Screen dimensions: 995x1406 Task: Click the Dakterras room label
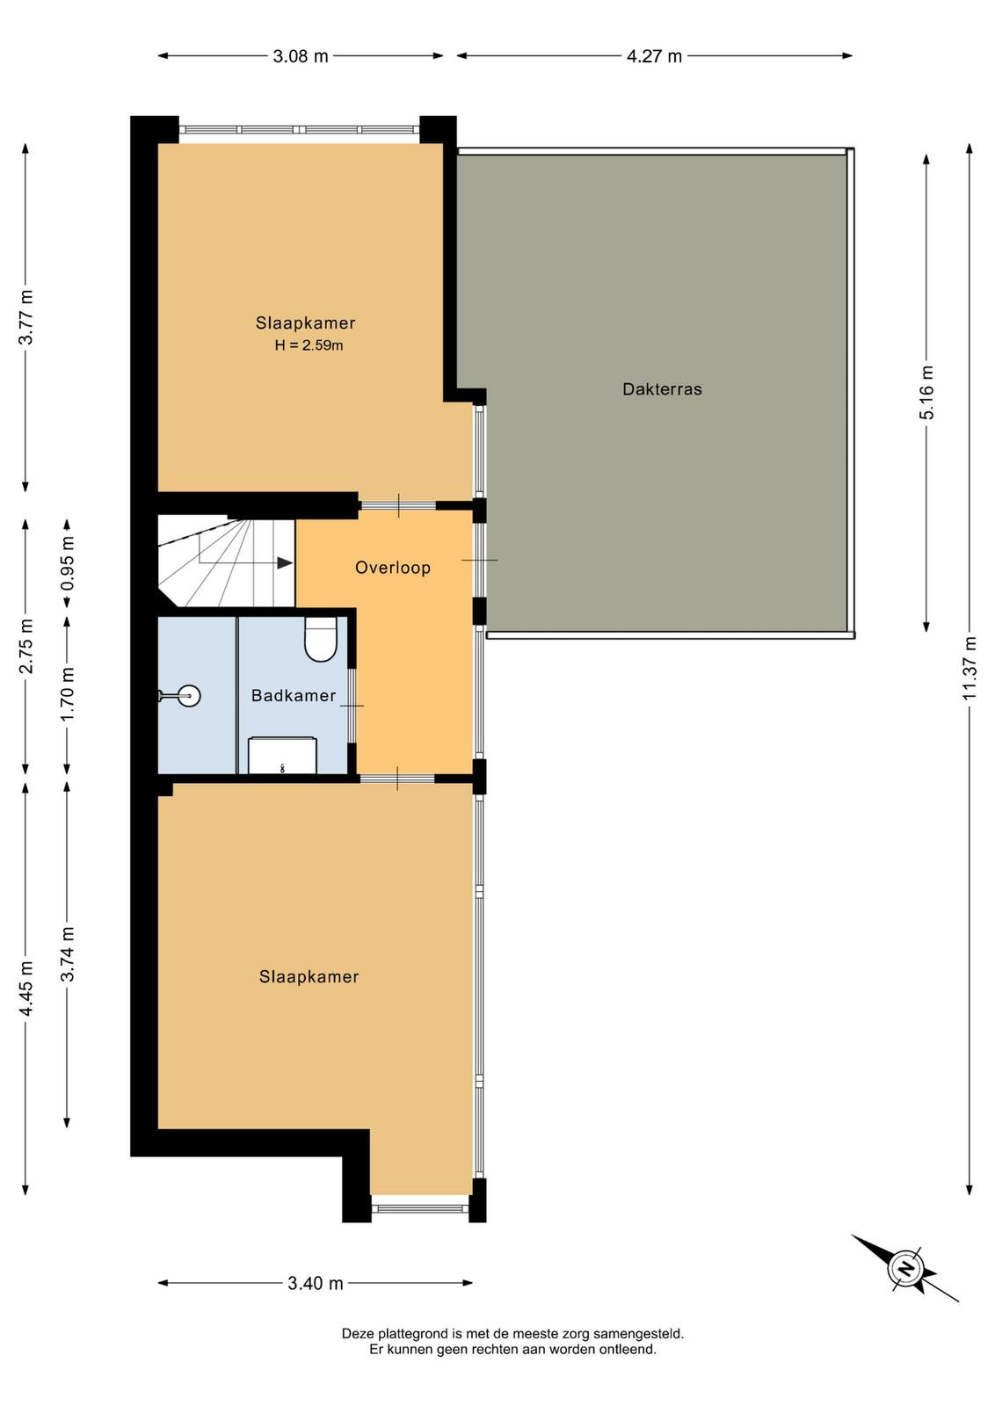coord(662,389)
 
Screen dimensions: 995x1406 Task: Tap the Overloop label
coord(393,568)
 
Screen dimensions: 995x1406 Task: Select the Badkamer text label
coord(294,695)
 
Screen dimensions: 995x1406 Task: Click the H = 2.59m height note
coord(309,345)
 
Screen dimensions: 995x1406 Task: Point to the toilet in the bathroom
coord(320,638)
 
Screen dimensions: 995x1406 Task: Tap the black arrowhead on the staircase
coord(285,563)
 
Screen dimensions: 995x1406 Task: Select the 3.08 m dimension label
coord(301,56)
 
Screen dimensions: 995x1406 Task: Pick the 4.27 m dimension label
coord(654,56)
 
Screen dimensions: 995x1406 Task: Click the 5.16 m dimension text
coord(926,392)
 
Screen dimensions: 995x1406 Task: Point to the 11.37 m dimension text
coord(970,669)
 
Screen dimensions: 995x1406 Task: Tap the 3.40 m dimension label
coord(316,1284)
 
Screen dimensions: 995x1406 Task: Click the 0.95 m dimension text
coord(68,563)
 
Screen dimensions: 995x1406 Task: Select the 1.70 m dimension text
coord(68,694)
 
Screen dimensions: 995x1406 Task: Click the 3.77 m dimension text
coord(25,317)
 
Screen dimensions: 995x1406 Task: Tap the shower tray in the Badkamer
coord(282,756)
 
